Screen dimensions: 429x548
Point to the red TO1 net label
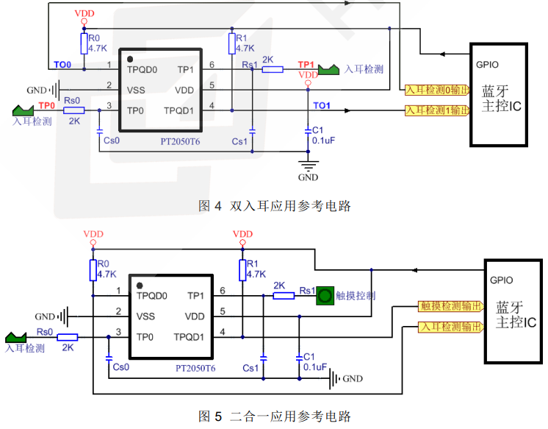(x=322, y=106)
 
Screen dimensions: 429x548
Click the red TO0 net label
(x=62, y=65)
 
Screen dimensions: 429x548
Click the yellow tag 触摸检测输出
(x=450, y=305)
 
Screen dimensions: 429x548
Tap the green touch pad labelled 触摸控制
(x=324, y=296)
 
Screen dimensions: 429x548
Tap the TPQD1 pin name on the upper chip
(x=179, y=111)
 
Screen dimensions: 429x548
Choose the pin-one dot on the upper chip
(x=130, y=58)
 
